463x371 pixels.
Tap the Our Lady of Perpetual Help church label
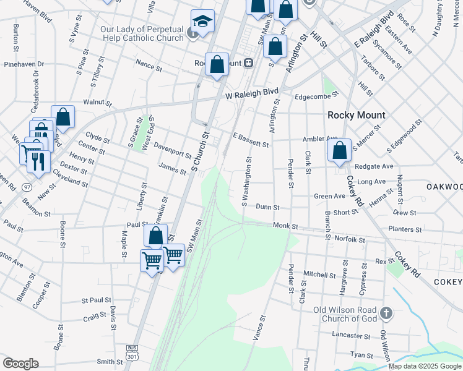(x=142, y=33)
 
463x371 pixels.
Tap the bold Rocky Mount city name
(x=356, y=115)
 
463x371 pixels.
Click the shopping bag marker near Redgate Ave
(x=339, y=151)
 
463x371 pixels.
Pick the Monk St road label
(x=286, y=227)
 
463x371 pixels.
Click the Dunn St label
(x=267, y=208)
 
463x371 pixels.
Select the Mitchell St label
(x=319, y=274)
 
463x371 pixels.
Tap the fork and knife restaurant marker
(x=38, y=161)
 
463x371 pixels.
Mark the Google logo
(x=20, y=363)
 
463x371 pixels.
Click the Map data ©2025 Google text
(x=425, y=366)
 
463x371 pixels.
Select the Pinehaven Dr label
(x=24, y=64)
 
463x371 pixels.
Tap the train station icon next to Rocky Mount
(x=248, y=63)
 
